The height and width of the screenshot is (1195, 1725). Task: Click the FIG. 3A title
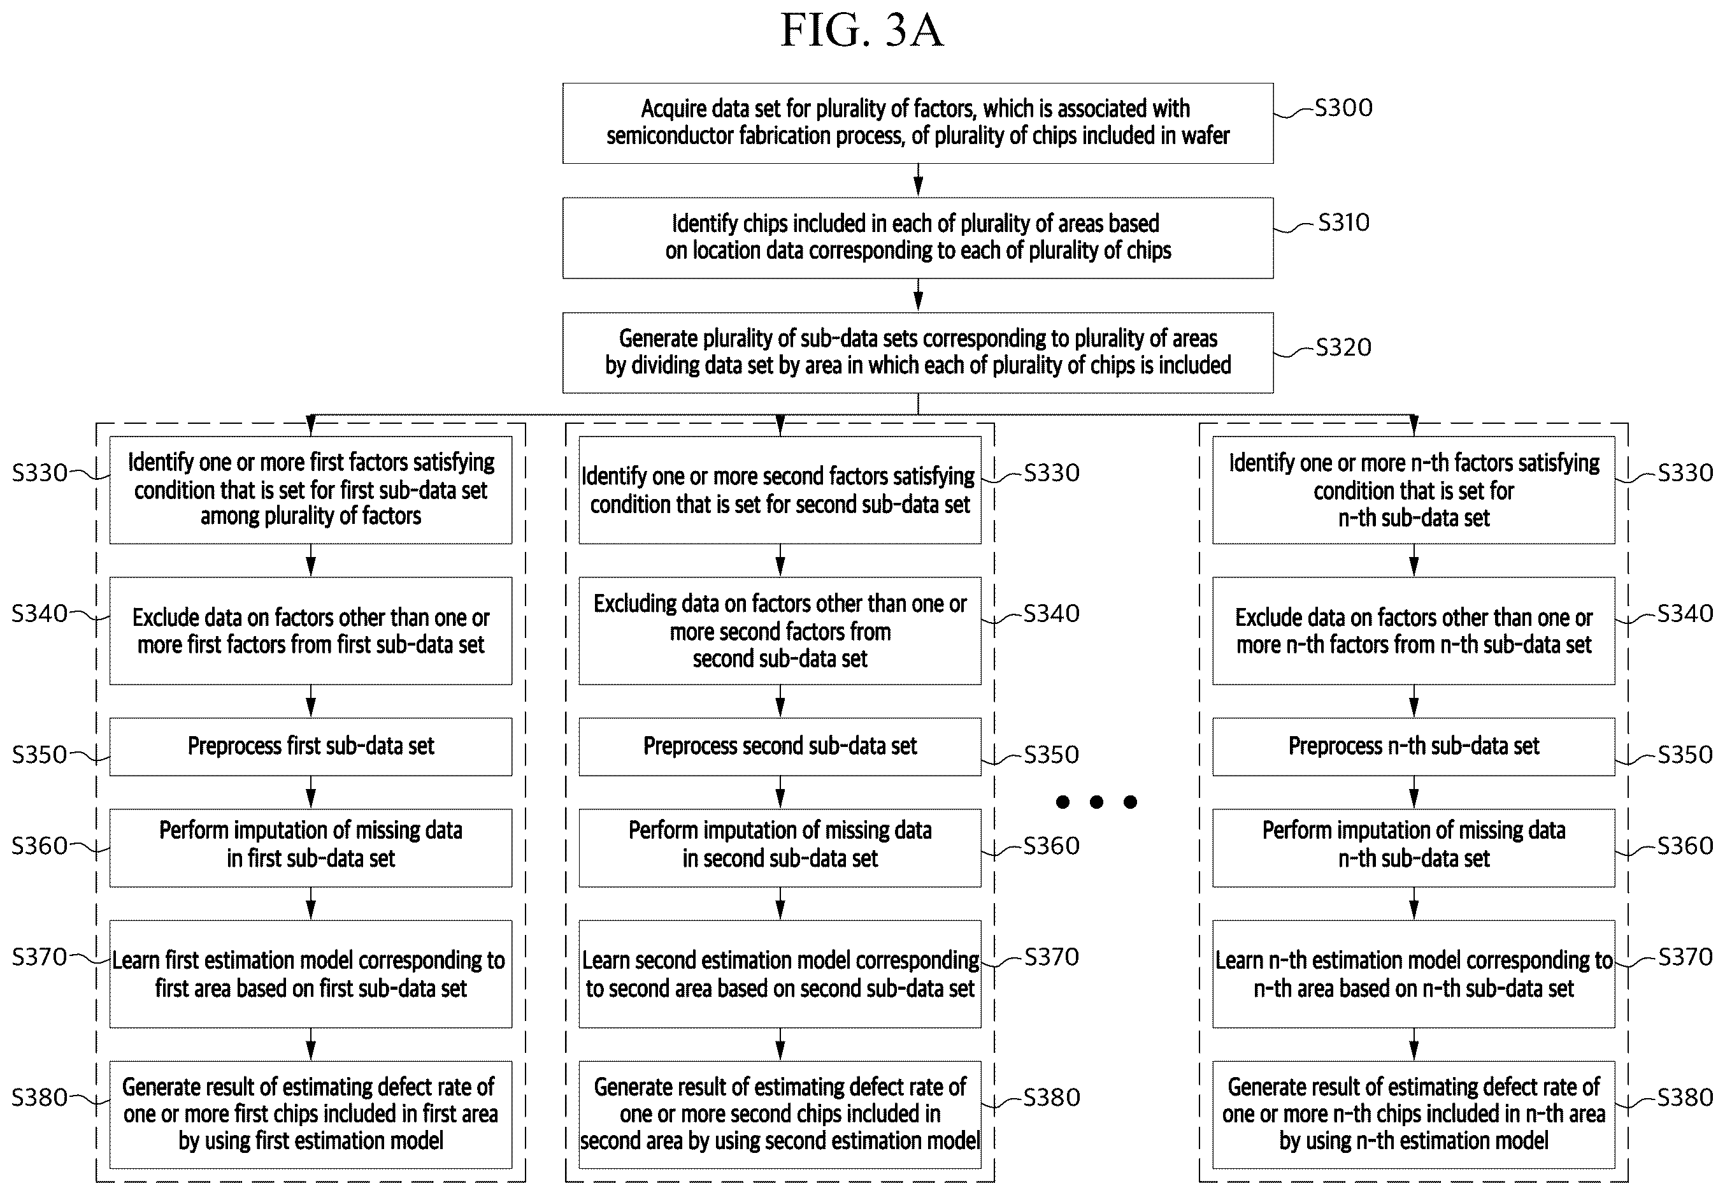[862, 31]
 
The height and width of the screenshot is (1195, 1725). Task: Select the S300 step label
[1343, 108]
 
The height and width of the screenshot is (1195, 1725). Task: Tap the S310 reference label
[1343, 222]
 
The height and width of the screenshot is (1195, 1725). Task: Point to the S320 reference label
[1343, 347]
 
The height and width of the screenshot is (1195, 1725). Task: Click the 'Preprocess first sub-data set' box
[311, 746]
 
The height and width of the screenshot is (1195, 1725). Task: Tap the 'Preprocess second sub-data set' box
[780, 746]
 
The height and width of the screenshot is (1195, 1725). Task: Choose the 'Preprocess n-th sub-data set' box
[1414, 746]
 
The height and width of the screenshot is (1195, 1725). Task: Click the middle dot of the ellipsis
[1096, 802]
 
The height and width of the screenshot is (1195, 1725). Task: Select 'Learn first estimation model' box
[311, 973]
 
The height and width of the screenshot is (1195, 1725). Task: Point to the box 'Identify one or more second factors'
[780, 489]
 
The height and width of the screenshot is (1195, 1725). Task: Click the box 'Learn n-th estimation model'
[1414, 973]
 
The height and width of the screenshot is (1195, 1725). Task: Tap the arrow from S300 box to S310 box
[919, 180]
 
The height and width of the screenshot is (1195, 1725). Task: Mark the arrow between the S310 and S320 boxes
[919, 296]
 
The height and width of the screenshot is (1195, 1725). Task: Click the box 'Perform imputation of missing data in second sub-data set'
[780, 848]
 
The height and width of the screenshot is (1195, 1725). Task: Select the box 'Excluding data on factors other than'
[780, 630]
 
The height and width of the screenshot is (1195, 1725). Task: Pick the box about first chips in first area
[311, 1114]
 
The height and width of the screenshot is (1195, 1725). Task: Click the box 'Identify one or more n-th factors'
[1414, 489]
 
